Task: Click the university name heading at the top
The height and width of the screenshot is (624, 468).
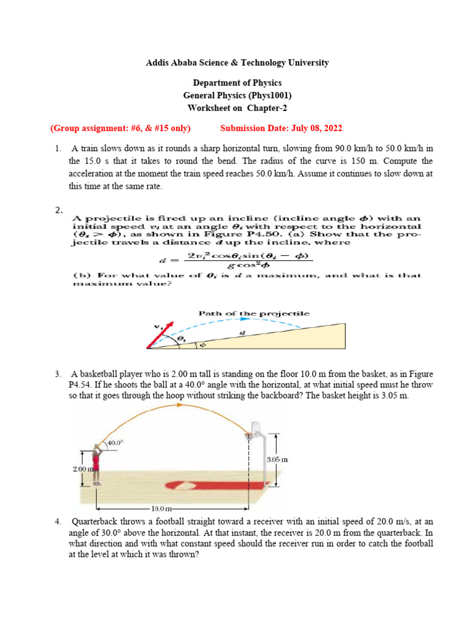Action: pyautogui.click(x=238, y=63)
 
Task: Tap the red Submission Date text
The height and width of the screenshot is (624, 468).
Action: pyautogui.click(x=281, y=128)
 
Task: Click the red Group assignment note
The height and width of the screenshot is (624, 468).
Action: pyautogui.click(x=120, y=128)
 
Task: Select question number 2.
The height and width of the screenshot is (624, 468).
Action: pyautogui.click(x=59, y=210)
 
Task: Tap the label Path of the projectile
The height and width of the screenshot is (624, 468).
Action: pyautogui.click(x=254, y=313)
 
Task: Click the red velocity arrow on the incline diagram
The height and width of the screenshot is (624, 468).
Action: pyautogui.click(x=160, y=334)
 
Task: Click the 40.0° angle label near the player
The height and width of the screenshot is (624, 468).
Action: pyautogui.click(x=115, y=444)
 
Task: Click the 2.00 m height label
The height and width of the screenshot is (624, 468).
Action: pyautogui.click(x=82, y=469)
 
